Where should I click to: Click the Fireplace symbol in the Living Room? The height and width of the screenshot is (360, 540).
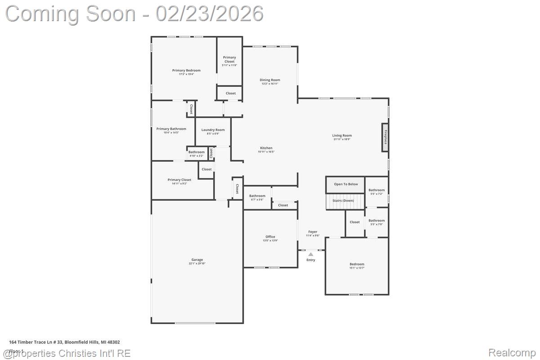pos(385,138)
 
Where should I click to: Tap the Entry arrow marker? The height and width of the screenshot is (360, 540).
pos(310,255)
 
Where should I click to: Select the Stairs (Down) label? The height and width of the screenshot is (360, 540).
pos(343,201)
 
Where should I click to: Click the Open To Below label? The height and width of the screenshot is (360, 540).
pos(346,184)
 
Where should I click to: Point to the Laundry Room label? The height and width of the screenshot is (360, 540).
pos(213,130)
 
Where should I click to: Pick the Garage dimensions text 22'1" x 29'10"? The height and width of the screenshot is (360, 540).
pos(197,264)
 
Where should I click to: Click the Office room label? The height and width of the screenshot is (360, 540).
pos(270,237)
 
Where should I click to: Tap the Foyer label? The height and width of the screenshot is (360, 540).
pos(312,232)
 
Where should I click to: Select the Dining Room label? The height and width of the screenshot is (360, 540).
pos(270,80)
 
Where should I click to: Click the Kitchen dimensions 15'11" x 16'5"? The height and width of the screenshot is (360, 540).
pos(266,152)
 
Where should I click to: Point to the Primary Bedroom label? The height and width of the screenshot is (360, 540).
pos(186,70)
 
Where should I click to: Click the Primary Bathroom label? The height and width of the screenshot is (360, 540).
pos(171,129)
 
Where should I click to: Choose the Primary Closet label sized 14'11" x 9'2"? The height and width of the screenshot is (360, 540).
pos(180,180)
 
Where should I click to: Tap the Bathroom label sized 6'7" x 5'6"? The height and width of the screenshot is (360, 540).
pos(257,196)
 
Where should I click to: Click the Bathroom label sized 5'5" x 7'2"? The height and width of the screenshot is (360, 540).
pos(377,190)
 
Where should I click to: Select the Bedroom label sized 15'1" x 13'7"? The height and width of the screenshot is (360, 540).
pos(357,264)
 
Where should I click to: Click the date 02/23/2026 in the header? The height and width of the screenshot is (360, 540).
pos(210,13)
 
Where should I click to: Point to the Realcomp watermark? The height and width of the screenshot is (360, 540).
pos(512,353)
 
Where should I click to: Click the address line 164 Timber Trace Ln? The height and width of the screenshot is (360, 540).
pos(64,342)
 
